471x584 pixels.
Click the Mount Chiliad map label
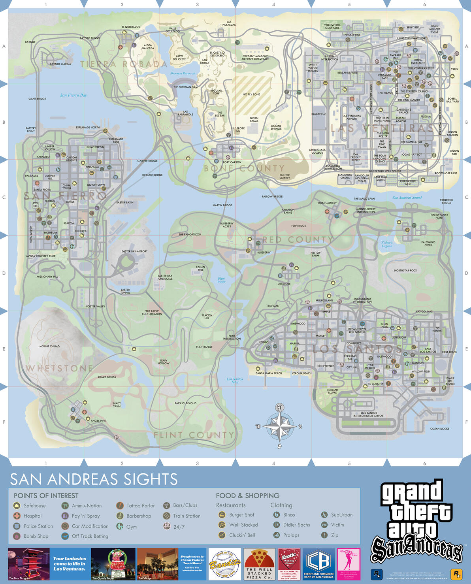[49, 347]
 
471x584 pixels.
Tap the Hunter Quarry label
[284, 176]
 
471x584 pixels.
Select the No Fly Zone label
[251, 94]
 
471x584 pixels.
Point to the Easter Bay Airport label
[134, 251]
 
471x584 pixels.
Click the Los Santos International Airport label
[369, 414]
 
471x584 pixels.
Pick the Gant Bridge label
[37, 99]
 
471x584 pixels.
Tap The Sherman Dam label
[185, 87]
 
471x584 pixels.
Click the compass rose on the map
[279, 426]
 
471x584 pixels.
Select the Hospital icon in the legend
[17, 516]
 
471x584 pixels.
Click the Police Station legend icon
[17, 526]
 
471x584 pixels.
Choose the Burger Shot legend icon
[222, 515]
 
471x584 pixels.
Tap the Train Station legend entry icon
[167, 516]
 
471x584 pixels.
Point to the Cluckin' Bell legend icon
[222, 535]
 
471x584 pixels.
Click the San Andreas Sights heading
[94, 479]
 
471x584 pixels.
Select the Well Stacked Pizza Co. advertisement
[259, 564]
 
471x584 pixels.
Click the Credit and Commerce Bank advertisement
[318, 564]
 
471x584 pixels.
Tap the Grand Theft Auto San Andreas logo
[416, 522]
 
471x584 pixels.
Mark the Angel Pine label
[98, 421]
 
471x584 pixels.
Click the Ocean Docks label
[439, 429]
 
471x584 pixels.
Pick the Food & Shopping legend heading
[247, 495]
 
